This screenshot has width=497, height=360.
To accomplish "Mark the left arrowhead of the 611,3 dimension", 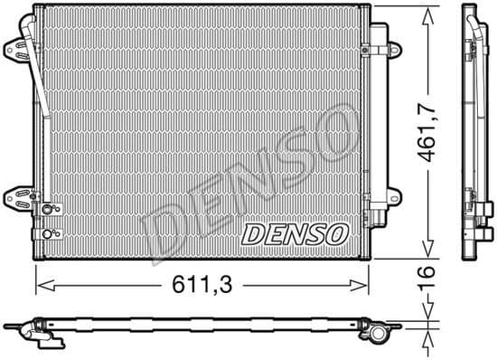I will point(40,286).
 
